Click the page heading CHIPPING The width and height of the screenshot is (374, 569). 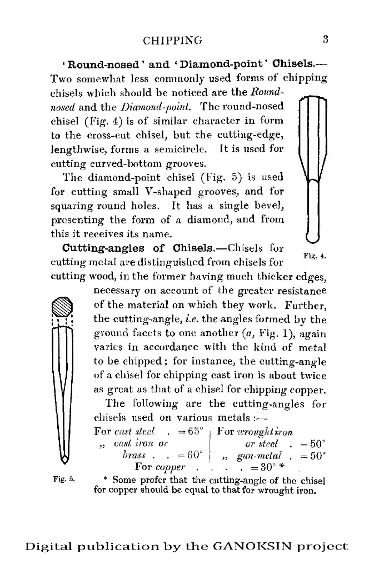click(172, 40)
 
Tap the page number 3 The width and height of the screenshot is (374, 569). click(326, 39)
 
